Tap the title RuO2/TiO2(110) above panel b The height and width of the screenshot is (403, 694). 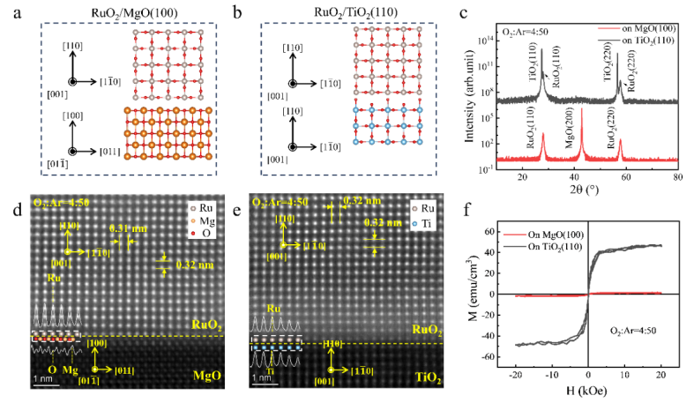point(352,11)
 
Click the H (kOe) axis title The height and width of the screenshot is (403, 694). point(589,387)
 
